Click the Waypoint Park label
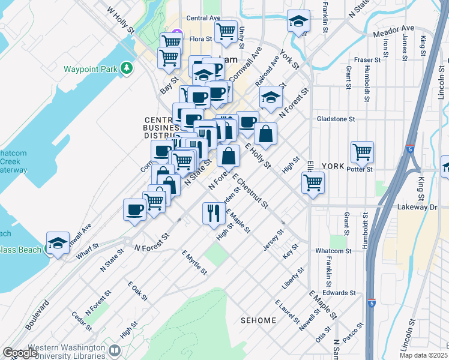(91, 69)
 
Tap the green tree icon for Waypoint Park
(126, 68)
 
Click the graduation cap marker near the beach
(58, 242)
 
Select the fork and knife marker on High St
(213, 213)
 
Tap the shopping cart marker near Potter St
(362, 152)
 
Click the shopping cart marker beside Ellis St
(313, 182)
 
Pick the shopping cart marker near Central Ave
(226, 31)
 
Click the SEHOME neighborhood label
(259, 320)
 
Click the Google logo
(20, 353)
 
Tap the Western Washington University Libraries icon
(114, 350)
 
